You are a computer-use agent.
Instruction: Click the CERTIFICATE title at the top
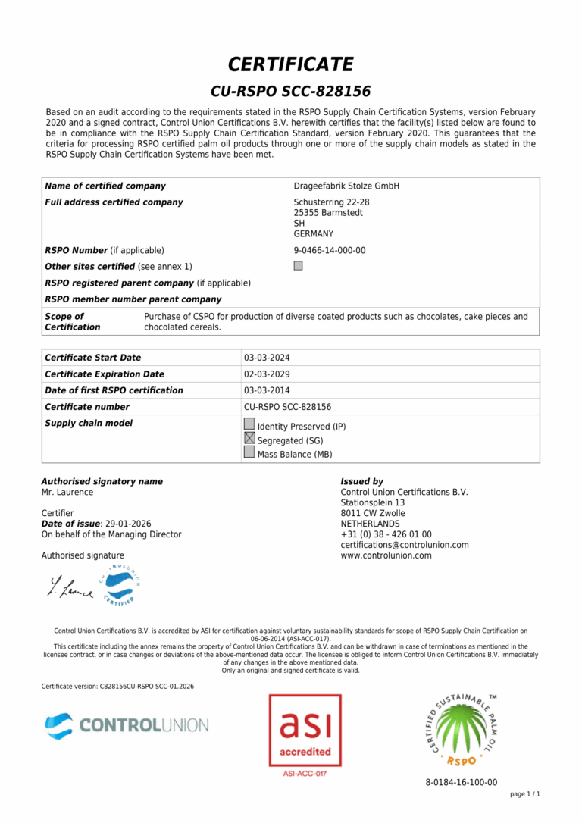tap(291, 64)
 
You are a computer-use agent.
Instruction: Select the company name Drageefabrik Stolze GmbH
tap(346, 186)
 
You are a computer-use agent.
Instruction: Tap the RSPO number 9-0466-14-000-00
tap(330, 251)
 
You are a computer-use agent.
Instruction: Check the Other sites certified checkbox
tap(298, 266)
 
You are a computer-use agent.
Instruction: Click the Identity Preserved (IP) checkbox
tap(249, 424)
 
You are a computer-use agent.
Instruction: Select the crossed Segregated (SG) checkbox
tap(249, 438)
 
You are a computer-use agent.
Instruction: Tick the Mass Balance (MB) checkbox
tap(249, 452)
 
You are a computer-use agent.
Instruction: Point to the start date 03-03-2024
tap(267, 358)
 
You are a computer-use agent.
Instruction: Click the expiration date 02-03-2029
tap(267, 374)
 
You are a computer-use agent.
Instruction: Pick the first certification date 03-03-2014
tap(267, 391)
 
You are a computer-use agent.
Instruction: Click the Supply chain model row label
tap(89, 424)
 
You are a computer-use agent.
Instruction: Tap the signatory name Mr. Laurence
tap(67, 493)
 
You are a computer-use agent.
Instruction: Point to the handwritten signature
tap(70, 585)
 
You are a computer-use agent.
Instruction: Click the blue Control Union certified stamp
tap(120, 584)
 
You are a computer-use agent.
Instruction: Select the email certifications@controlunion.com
tap(404, 545)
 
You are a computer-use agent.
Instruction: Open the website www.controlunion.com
tap(386, 555)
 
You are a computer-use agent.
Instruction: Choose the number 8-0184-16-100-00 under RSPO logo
tap(461, 783)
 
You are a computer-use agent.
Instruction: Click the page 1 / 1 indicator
tap(525, 794)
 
